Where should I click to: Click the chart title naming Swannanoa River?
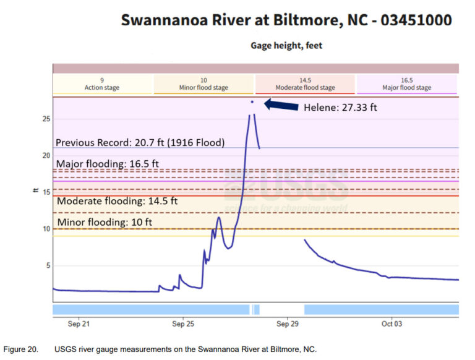click(286, 20)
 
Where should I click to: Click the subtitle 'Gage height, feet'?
click(286, 45)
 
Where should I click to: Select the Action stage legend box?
click(102, 84)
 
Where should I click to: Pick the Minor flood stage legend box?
click(203, 84)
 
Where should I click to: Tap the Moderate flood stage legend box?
click(305, 84)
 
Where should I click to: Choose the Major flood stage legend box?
click(406, 84)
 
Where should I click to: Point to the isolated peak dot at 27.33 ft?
click(252, 101)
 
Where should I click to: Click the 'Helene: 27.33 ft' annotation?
click(340, 107)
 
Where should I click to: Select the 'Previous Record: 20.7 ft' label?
click(140, 142)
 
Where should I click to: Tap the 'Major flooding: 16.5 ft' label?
click(108, 164)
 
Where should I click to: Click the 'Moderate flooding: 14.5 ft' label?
click(118, 201)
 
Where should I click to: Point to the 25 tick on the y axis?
click(45, 119)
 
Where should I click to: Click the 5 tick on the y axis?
click(46, 266)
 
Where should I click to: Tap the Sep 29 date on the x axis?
click(288, 324)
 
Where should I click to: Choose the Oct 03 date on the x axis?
click(393, 324)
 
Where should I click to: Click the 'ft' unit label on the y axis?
click(36, 191)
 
